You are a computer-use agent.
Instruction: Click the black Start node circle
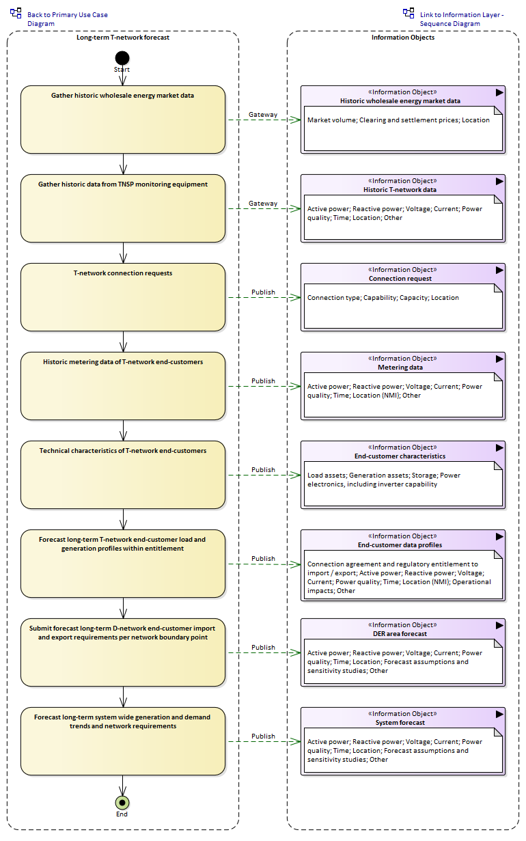point(122,58)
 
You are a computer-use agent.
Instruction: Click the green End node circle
point(122,802)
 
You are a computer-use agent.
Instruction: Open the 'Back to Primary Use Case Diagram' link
point(68,19)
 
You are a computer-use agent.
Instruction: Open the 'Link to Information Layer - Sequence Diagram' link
point(462,19)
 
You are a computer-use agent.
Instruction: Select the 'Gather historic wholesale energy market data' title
point(123,96)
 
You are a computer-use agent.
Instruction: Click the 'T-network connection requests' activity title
point(123,273)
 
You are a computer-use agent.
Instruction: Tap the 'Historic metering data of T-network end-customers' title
point(123,362)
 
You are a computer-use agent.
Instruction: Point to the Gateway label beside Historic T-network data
point(263,203)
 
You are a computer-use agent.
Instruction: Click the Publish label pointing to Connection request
point(263,292)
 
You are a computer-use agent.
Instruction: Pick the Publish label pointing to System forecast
point(263,736)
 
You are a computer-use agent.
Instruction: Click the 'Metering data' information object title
point(400,367)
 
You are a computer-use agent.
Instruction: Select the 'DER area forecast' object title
point(400,634)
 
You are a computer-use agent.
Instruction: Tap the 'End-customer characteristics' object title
point(400,456)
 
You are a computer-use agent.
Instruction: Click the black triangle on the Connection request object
point(499,270)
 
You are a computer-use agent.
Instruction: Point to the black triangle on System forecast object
point(499,714)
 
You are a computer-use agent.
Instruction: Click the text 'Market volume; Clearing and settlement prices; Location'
point(398,120)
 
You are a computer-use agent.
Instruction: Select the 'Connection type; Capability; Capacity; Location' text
point(383,298)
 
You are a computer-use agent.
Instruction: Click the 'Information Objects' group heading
point(403,37)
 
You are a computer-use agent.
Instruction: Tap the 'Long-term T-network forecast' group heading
point(123,37)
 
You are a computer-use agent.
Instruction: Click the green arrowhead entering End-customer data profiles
point(296,564)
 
